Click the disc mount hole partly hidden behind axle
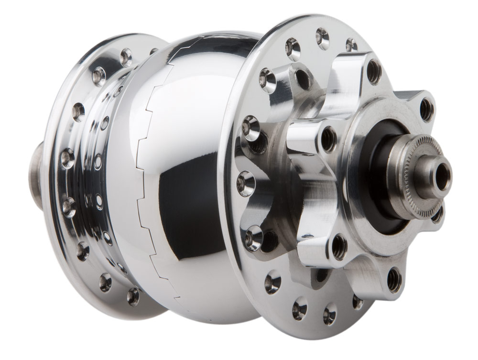[437, 215]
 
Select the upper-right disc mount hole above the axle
[426, 109]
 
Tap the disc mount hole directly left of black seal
[328, 139]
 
